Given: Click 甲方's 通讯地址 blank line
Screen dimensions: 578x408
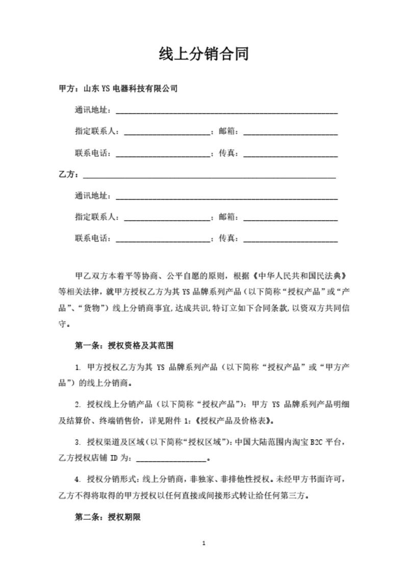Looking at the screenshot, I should point(227,110).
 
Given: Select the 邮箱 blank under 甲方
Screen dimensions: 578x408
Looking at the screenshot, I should point(290,132).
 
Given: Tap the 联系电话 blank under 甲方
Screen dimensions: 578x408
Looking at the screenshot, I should point(163,153).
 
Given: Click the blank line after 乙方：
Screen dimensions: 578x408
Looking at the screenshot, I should point(209,175).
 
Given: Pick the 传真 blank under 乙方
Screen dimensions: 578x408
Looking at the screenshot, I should point(290,238).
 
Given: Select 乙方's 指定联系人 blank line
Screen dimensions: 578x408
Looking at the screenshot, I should point(167,218).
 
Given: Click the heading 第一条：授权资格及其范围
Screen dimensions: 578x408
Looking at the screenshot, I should point(124,346).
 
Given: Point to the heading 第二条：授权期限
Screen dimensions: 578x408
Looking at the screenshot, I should point(108,517).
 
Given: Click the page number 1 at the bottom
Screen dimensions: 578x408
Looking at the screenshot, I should point(204,543).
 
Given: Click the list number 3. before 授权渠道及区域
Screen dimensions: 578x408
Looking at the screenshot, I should point(78,441).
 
